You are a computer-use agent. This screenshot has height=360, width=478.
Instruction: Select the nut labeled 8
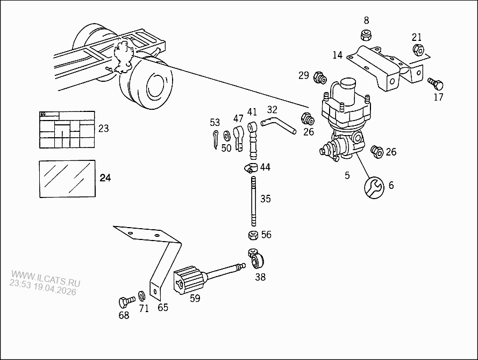tap(366, 36)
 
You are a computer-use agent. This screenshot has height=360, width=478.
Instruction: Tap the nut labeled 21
tap(418, 51)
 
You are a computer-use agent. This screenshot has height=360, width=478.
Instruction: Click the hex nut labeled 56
tap(251, 235)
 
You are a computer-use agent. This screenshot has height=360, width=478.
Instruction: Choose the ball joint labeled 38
tap(257, 261)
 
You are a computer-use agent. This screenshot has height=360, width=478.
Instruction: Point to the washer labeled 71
tap(141, 295)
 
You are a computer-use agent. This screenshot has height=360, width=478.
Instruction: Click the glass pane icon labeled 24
tap(67, 178)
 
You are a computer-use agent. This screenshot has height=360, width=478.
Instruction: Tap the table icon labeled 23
tap(67, 130)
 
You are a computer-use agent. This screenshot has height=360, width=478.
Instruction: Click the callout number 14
tap(337, 55)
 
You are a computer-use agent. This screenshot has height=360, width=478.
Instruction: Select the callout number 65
tap(162, 308)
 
